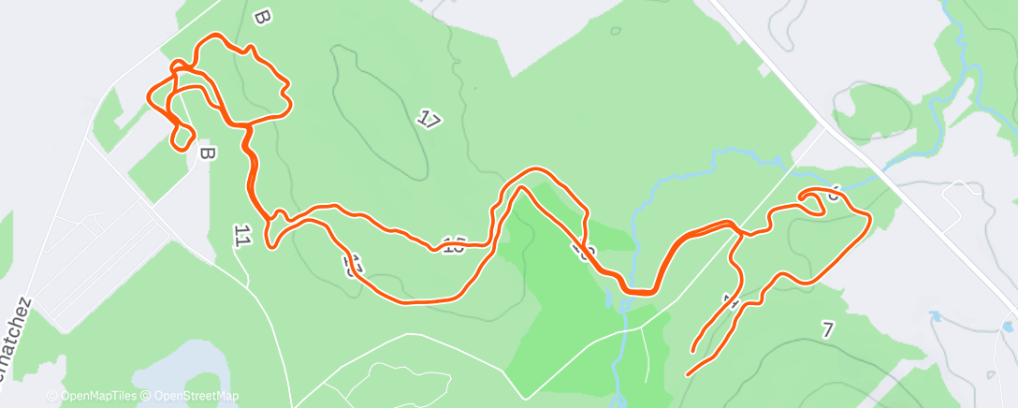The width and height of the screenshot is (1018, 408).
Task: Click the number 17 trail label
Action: coord(429,120)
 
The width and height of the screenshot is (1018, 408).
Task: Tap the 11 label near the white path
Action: coord(242,237)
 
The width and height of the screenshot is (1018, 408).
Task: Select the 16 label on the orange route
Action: coord(455,247)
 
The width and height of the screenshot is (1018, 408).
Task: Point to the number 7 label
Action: coord(826,328)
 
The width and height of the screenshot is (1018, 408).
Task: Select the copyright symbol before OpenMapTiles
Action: coord(52,396)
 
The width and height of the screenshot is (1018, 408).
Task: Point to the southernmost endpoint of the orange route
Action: coord(689,374)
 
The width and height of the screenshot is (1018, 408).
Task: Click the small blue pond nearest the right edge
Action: coord(1008,327)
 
